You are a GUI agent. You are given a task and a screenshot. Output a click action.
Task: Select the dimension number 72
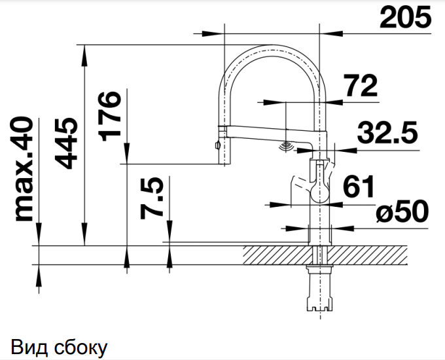point(361,86)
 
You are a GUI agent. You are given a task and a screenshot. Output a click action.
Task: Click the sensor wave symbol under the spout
point(287,147)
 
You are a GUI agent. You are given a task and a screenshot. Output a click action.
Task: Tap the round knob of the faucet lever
point(320,192)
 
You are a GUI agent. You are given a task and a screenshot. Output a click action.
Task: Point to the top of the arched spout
point(273,47)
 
